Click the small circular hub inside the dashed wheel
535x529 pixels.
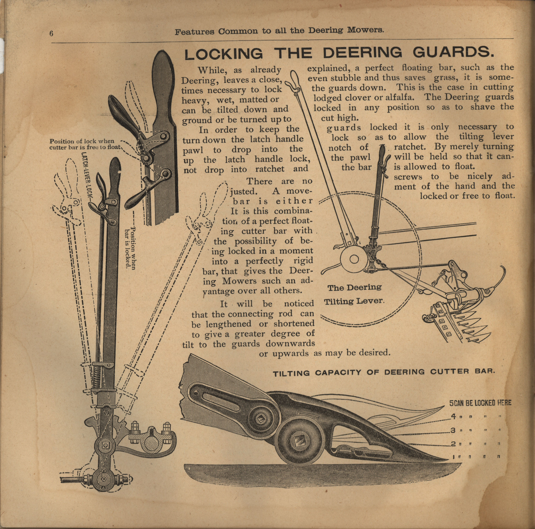coord(354,259)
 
